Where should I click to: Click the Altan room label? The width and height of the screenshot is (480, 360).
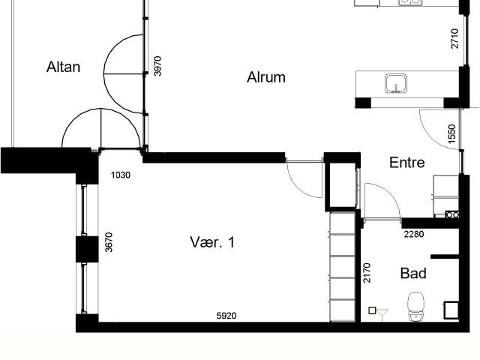click(x=63, y=67)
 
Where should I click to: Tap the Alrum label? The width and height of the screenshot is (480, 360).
click(x=266, y=77)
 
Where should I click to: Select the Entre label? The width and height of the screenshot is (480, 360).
click(x=406, y=162)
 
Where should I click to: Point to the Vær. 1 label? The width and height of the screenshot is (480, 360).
click(x=212, y=242)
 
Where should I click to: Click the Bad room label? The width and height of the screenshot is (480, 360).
click(x=413, y=273)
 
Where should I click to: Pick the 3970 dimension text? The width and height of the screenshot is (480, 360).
click(x=157, y=66)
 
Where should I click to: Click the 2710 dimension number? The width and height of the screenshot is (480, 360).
click(x=455, y=38)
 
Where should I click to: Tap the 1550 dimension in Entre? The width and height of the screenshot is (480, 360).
click(x=451, y=133)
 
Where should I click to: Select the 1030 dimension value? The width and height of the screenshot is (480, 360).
click(x=121, y=175)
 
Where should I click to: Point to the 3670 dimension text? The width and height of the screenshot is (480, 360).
click(x=109, y=242)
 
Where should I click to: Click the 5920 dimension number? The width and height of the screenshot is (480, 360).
click(x=226, y=316)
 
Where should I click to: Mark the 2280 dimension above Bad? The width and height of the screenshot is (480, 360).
click(x=414, y=234)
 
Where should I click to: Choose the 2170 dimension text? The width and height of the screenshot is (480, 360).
click(x=367, y=273)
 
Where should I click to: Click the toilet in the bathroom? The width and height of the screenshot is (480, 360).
click(x=415, y=306)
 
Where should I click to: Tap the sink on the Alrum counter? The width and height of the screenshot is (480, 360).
click(x=396, y=83)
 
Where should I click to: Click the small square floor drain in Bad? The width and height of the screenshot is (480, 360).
click(x=372, y=310)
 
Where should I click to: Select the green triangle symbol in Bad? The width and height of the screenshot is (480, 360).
click(x=382, y=313)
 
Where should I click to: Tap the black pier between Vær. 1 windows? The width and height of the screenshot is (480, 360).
click(x=87, y=249)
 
